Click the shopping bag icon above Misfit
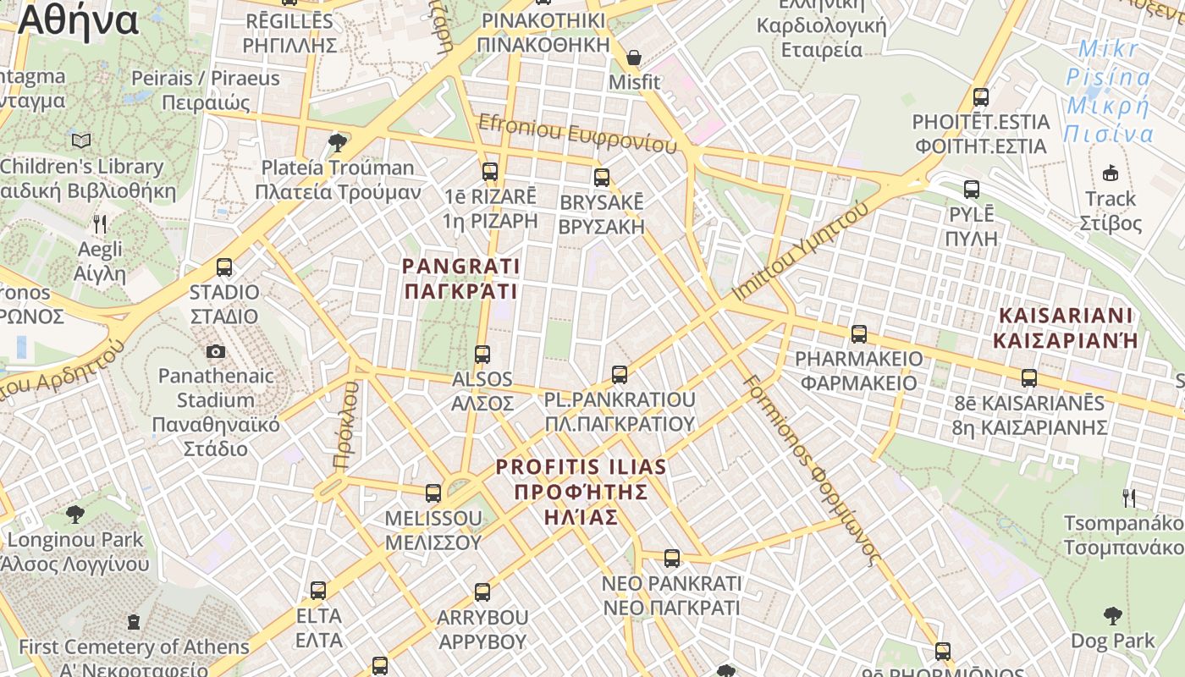[x=633, y=58]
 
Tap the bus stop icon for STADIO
[x=224, y=267]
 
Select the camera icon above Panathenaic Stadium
[x=216, y=351]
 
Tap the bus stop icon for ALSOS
[x=482, y=355]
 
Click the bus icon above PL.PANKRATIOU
[x=620, y=374]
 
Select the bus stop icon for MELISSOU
[x=433, y=493]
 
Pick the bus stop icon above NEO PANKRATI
[x=672, y=559]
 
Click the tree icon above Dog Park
[x=1112, y=616]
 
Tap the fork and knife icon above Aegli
[x=100, y=224]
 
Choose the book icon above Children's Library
[x=81, y=140]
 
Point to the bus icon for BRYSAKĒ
[x=602, y=178]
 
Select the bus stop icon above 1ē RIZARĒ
[x=490, y=172]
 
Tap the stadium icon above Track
[x=1111, y=173]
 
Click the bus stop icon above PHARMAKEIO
[x=859, y=334]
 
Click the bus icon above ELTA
[x=318, y=591]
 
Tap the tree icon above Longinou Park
[x=75, y=514]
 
